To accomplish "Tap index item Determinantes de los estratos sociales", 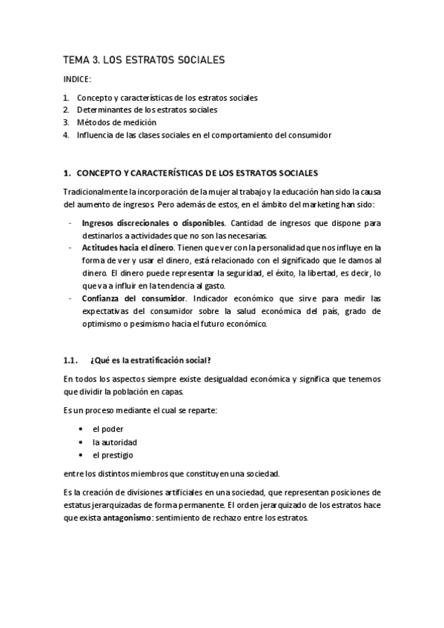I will pos(148,110).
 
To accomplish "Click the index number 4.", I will pos(66,135).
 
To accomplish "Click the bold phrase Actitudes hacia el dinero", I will pos(128,247).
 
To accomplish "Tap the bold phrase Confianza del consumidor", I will pos(133,298).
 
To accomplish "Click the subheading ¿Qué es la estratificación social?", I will pos(150,361).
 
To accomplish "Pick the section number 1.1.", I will pos(70,361).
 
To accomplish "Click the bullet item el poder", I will pos(107,429).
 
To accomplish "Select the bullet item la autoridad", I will pos(114,442).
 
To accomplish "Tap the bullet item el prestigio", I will pos(113,455).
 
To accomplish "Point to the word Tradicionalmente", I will pos(96,191).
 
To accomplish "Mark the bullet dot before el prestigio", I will pos(80,455).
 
